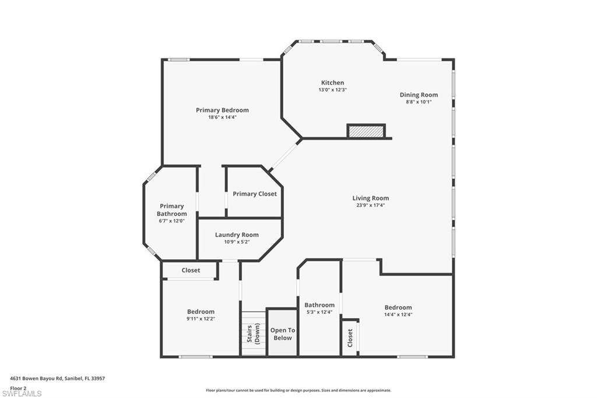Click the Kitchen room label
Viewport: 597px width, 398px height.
(x=332, y=83)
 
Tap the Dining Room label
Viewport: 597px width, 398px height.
(x=419, y=95)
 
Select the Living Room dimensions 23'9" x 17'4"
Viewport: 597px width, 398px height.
(x=370, y=205)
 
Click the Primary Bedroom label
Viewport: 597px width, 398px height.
(x=222, y=110)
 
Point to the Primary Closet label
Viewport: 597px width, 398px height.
(x=255, y=194)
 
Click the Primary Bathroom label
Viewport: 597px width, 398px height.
(x=171, y=210)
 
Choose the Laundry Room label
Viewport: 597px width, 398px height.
(x=237, y=235)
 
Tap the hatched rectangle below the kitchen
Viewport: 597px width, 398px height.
(x=366, y=131)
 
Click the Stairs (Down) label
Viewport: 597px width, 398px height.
(x=254, y=334)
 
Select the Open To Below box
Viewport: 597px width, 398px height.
(x=282, y=333)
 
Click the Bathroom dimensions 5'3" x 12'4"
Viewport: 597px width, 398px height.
(x=319, y=312)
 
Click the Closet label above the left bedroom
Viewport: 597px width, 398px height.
(x=191, y=270)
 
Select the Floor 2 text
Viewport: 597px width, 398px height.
(x=18, y=387)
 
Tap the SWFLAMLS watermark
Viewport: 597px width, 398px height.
(x=22, y=394)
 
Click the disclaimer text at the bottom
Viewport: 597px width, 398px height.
(x=298, y=390)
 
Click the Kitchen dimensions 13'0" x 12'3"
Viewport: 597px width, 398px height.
(x=332, y=90)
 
